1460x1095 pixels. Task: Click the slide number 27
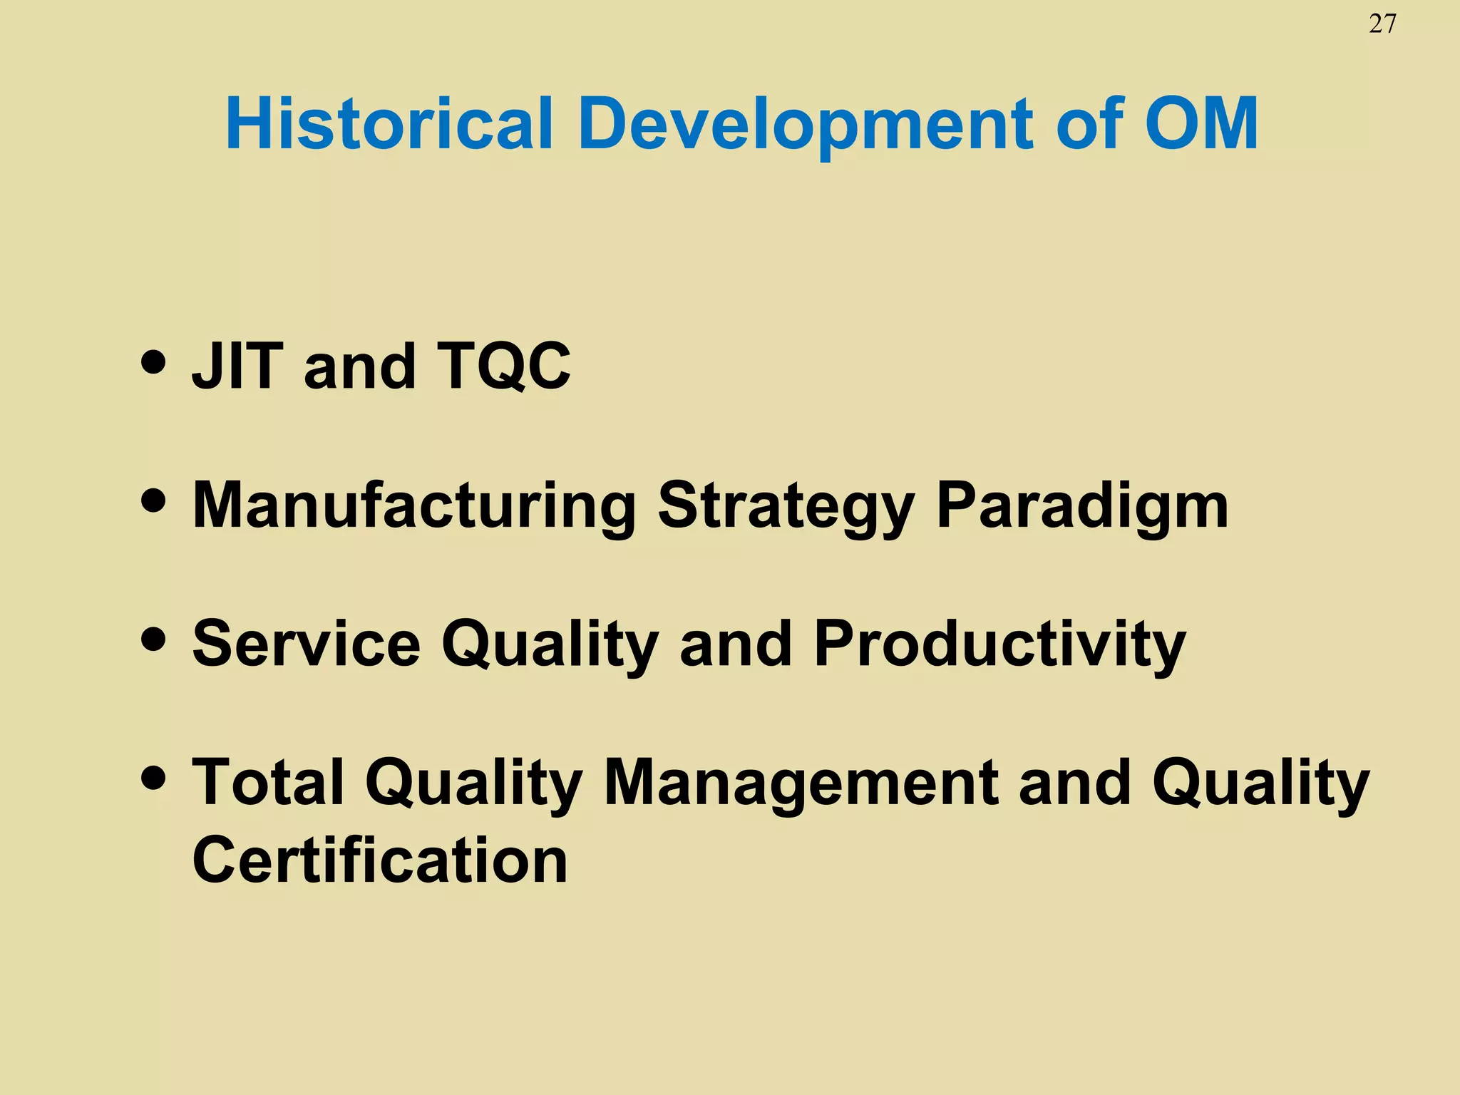(1382, 24)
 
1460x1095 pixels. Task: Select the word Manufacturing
(413, 505)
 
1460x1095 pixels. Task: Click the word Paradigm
(1082, 505)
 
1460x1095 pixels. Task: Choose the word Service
(307, 644)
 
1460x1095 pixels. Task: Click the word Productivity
(999, 644)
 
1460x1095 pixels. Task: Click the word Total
(268, 782)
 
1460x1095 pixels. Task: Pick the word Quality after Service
(550, 644)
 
